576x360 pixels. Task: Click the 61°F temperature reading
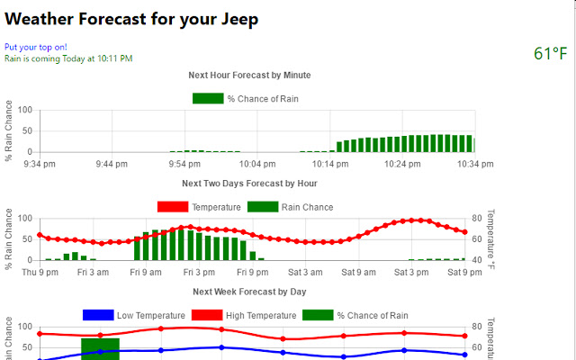click(550, 54)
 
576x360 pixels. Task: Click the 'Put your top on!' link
click(35, 47)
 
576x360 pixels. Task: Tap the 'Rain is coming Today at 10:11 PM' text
click(68, 58)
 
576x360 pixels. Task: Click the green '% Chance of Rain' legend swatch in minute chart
click(208, 98)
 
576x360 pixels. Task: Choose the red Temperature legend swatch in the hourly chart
click(172, 207)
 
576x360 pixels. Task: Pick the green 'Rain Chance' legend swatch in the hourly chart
click(263, 207)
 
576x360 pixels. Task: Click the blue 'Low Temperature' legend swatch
click(98, 315)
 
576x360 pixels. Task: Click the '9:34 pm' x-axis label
click(40, 164)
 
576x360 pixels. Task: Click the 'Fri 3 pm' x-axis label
click(198, 272)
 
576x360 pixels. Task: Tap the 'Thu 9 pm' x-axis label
click(40, 272)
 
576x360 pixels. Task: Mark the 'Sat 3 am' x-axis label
click(304, 272)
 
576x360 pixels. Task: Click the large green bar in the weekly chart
click(101, 348)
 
